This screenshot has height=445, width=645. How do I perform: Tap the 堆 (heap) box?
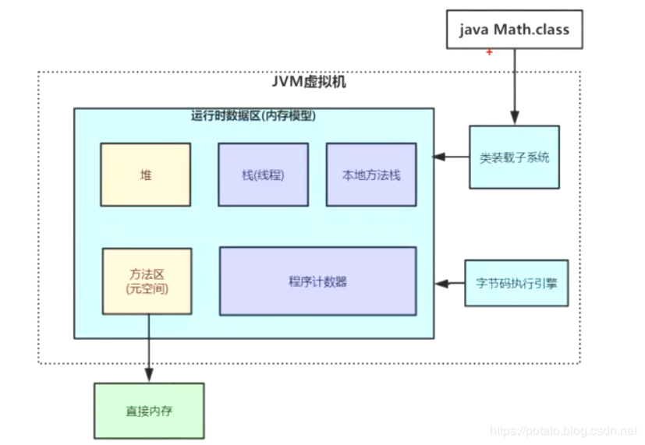pos(146,175)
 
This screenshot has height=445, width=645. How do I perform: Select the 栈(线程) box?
pos(263,175)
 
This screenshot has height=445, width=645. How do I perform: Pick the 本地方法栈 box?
pos(371,175)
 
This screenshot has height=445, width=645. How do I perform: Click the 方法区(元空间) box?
pos(147,281)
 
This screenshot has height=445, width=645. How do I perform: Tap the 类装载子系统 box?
pos(514,157)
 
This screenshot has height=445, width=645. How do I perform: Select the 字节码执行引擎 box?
pos(516,283)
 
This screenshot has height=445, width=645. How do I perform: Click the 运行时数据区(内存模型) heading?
pos(253,115)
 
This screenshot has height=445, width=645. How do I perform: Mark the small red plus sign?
pos(489,52)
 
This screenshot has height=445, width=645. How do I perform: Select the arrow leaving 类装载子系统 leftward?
pos(452,157)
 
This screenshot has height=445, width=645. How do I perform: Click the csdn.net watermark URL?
pos(562,430)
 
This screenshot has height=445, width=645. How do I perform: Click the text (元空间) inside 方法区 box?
pos(147,289)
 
